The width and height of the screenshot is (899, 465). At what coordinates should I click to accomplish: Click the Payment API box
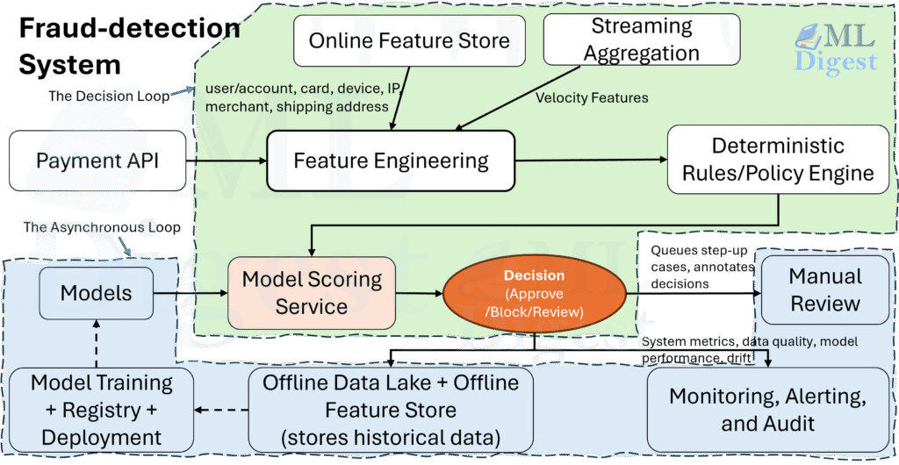coord(97,161)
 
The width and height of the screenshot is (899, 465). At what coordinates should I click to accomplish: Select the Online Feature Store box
coord(409,40)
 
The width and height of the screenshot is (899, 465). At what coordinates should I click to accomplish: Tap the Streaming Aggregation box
coord(641,40)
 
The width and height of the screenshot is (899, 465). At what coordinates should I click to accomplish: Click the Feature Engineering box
coord(391,161)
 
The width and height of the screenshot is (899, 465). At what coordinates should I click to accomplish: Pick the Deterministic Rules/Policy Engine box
coord(778,160)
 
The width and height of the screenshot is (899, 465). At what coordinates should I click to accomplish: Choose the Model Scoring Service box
coord(312,292)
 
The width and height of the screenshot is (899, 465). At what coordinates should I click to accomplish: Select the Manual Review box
coord(824,290)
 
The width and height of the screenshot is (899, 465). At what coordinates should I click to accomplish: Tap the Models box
coord(96,292)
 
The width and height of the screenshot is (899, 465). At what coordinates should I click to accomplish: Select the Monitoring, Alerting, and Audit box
coord(768,410)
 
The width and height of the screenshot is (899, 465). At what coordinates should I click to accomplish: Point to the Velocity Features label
coord(592,97)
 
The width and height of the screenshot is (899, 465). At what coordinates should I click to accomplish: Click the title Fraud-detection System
coord(127,46)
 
